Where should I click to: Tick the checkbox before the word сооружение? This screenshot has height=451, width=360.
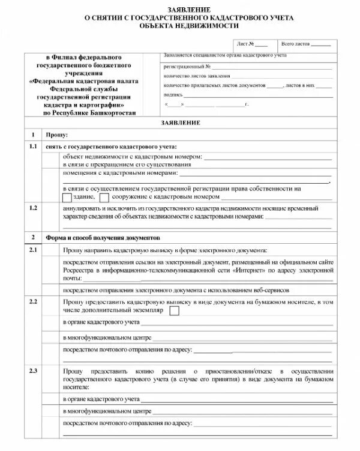pos(104,196)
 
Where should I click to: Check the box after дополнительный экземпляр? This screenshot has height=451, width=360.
pos(175,310)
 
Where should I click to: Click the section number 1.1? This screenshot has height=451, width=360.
pos(33,147)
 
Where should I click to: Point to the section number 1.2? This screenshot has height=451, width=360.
pos(33,208)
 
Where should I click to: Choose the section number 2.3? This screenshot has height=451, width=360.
pos(33,371)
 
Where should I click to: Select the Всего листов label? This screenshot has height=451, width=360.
pos(295,44)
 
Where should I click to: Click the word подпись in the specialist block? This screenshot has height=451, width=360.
pos(172,95)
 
